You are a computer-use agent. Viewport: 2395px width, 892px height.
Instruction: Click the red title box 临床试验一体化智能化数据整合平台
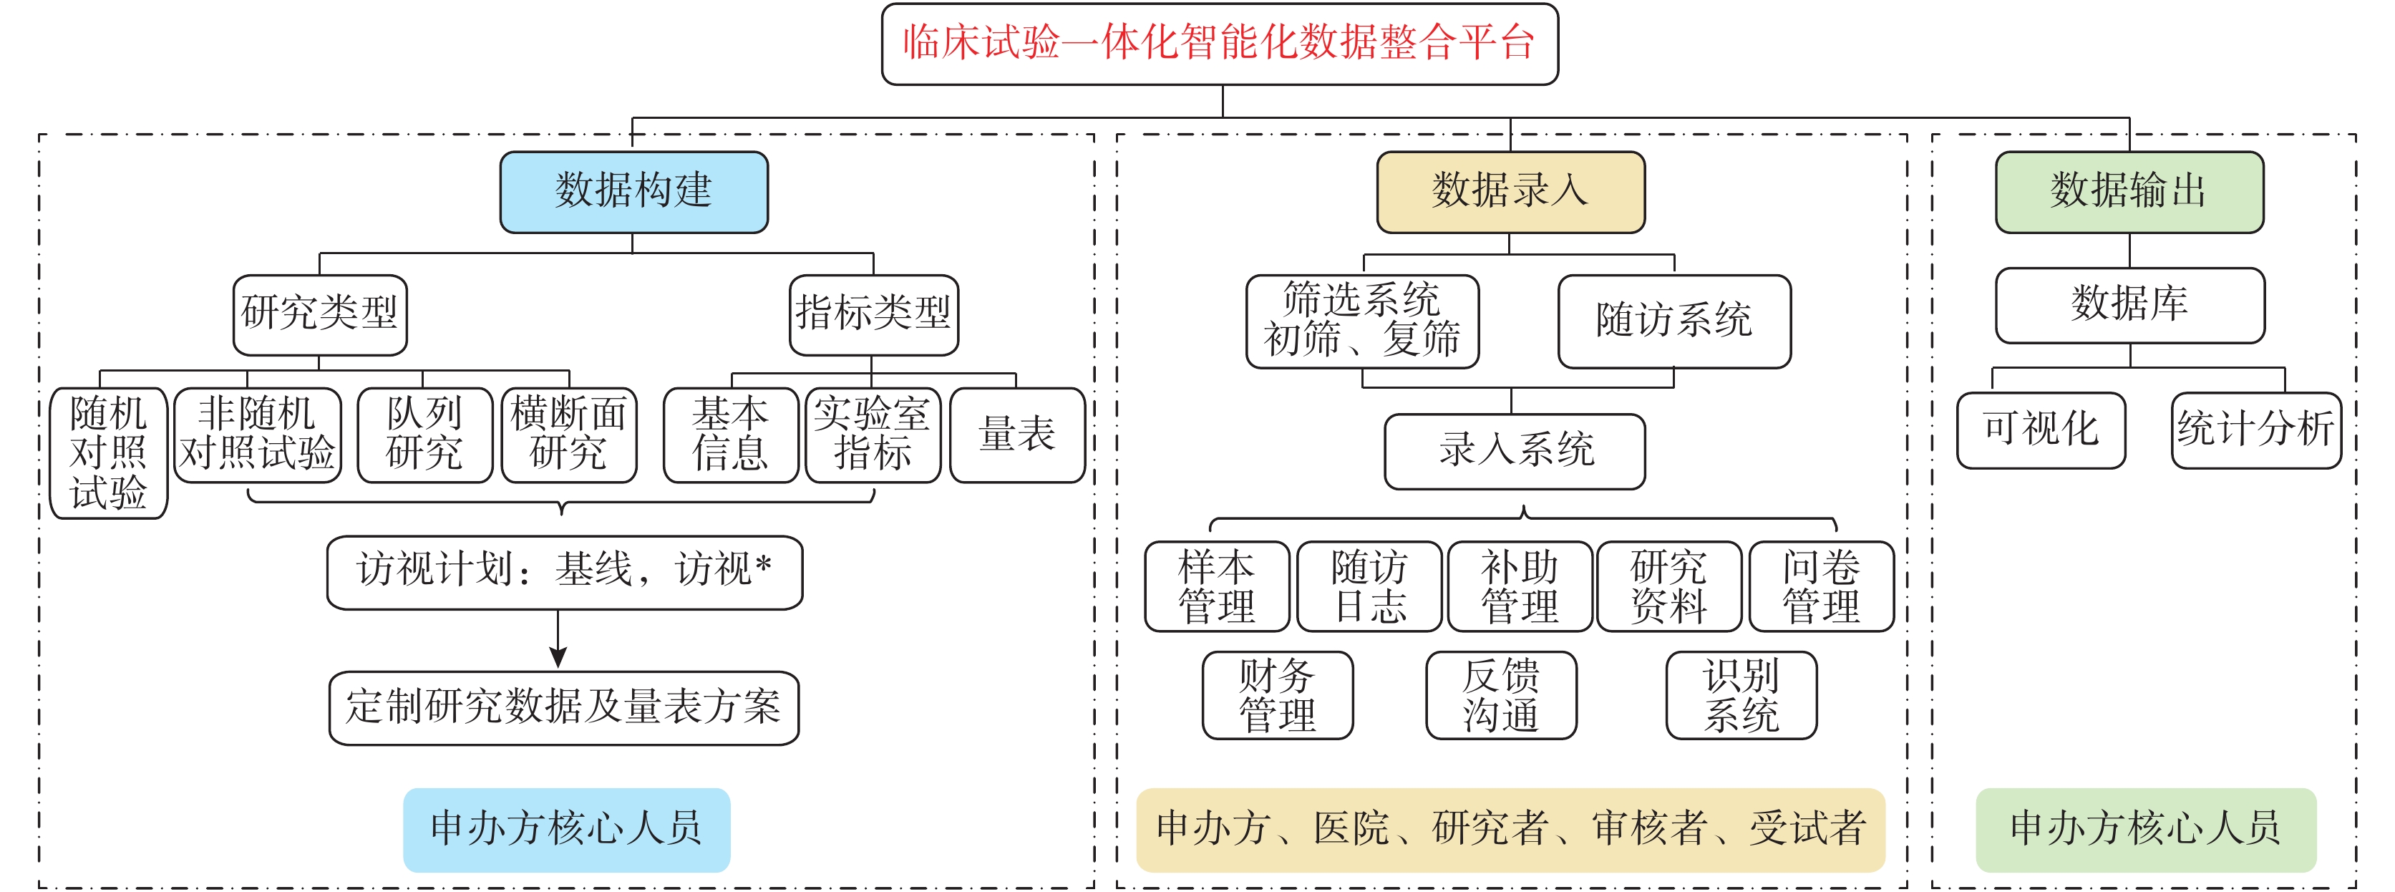[1220, 44]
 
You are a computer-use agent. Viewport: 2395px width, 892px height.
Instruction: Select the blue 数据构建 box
[634, 192]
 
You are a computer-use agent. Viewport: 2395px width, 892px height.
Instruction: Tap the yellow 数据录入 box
[1511, 192]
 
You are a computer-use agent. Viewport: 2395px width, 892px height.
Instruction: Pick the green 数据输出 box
[2129, 192]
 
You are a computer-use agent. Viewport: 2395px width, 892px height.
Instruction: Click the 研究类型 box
[320, 314]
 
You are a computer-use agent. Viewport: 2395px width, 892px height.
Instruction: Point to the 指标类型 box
[874, 314]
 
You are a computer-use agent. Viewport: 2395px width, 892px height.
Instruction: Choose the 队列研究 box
[425, 435]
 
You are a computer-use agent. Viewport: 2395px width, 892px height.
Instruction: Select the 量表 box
[1017, 435]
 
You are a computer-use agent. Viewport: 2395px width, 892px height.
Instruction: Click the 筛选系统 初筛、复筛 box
[1362, 321]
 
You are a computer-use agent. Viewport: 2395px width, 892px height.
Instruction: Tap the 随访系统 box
[1674, 321]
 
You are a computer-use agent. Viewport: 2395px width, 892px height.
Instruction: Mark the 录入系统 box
[1515, 451]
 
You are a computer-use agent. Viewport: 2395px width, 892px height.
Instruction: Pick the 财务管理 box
[1278, 695]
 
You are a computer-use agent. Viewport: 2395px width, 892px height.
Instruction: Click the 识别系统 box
[1741, 695]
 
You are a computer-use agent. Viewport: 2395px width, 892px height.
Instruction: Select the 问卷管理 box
[1822, 586]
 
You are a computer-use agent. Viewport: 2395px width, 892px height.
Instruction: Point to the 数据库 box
[2130, 305]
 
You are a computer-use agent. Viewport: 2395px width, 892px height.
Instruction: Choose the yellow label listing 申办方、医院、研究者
[1511, 830]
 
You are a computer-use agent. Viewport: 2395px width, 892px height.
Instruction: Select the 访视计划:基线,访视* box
[564, 572]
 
